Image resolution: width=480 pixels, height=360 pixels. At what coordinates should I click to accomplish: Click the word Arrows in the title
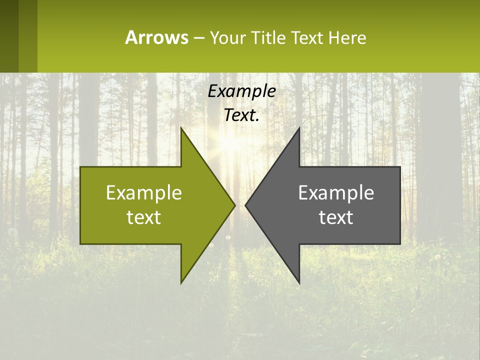coord(156,37)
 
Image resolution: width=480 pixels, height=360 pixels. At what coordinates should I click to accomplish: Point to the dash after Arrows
coord(198,38)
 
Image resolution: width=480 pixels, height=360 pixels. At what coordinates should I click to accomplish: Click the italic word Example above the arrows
coord(241,91)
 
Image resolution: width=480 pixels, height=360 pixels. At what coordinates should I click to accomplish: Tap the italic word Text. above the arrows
coord(241,115)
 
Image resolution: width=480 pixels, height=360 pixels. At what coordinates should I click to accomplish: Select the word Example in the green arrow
coord(144,192)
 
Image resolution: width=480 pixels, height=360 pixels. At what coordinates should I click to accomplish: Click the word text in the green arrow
coord(144,217)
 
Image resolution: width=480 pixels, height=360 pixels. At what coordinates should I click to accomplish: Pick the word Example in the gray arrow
coord(336,192)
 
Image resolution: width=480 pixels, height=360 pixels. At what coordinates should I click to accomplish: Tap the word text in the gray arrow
coord(336,217)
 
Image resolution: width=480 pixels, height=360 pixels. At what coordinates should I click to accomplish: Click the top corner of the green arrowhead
coord(181,128)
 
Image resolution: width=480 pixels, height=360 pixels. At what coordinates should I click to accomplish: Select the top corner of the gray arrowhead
coord(299,128)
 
